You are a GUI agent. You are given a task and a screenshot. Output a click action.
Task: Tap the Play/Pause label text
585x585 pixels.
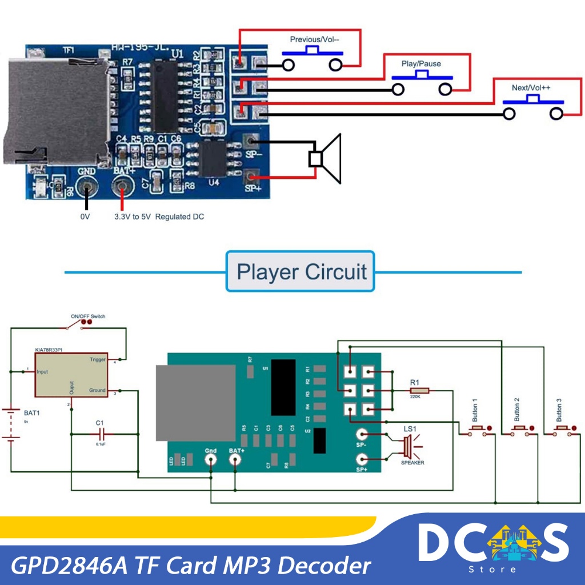pos(421,63)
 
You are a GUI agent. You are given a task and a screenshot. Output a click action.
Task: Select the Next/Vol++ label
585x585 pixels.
pos(531,88)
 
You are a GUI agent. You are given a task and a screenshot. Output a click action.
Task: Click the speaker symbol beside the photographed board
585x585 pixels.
pos(326,158)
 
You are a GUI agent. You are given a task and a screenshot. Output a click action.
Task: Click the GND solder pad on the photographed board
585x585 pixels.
pos(87,186)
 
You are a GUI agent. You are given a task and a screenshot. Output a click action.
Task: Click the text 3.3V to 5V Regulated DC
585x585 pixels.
pos(159,217)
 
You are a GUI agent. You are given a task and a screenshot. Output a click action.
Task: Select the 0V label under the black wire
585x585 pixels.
pos(85,217)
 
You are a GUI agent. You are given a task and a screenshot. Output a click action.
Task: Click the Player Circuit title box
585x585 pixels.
pos(300,271)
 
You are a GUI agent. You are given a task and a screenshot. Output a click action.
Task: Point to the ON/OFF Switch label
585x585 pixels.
pos(88,316)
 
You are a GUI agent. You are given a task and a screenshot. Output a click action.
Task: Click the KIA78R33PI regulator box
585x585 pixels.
pos(71,375)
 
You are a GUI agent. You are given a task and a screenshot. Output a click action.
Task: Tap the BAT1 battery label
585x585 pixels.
pos(32,412)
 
